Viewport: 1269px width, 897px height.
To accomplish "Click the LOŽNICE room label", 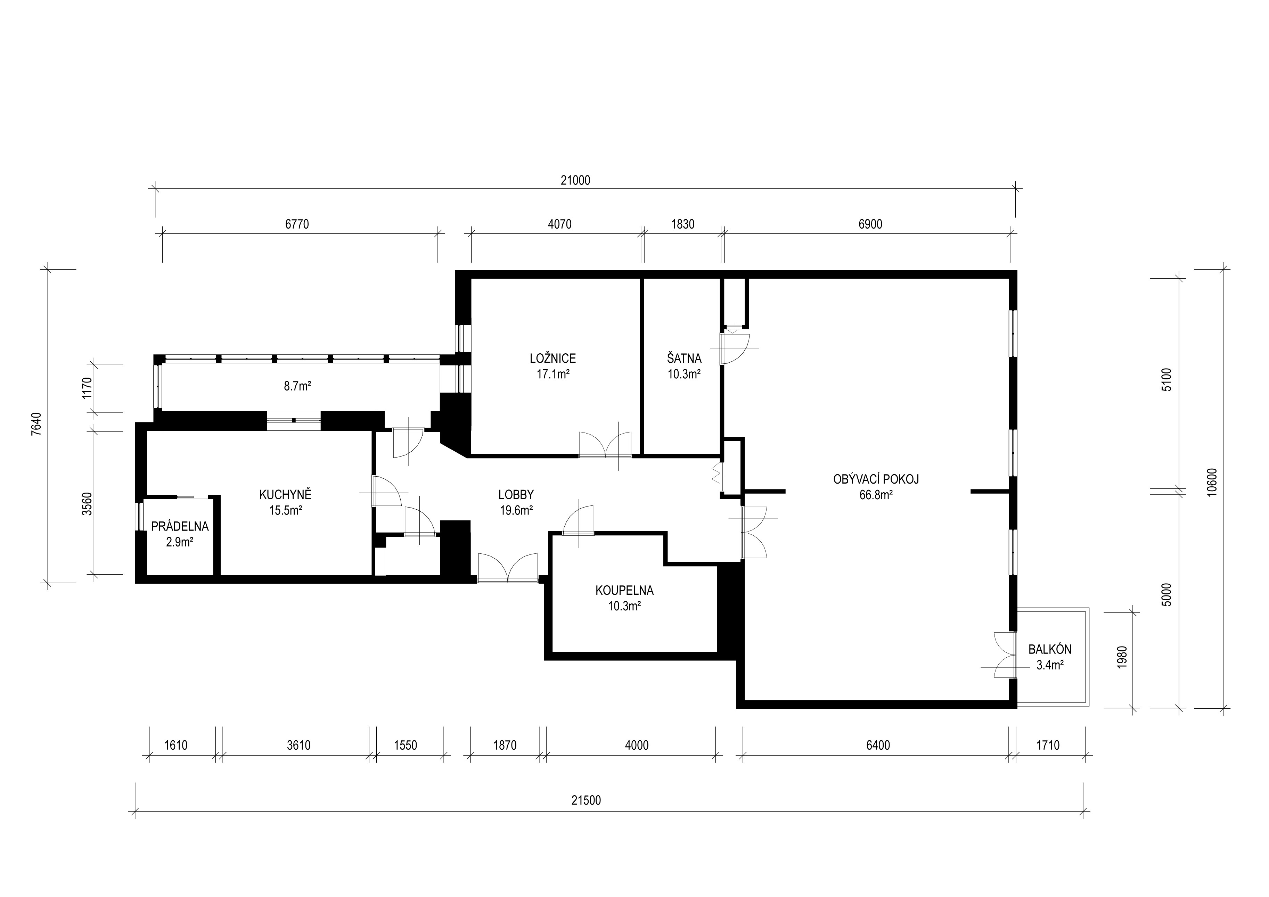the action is click(553, 359).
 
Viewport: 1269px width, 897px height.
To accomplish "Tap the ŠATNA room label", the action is click(684, 359).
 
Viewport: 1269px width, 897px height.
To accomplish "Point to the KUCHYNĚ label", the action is click(285, 495).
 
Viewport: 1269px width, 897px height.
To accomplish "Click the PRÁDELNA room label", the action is click(180, 527).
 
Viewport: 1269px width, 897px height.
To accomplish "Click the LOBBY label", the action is click(516, 495).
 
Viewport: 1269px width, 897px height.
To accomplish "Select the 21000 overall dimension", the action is click(575, 180).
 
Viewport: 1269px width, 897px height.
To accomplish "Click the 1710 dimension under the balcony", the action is click(1048, 746).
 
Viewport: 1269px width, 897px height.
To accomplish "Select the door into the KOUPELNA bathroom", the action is click(578, 521).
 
